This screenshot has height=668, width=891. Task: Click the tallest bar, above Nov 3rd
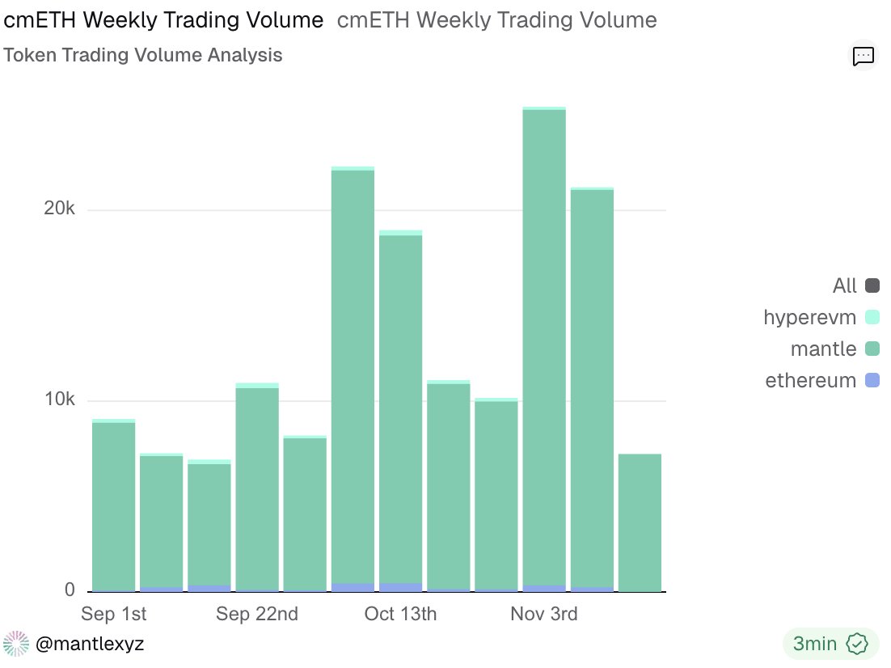pyautogui.click(x=544, y=348)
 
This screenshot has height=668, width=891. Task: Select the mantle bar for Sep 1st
pyautogui.click(x=113, y=505)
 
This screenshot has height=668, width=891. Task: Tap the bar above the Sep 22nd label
pyautogui.click(x=257, y=488)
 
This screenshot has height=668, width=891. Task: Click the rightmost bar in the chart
pyautogui.click(x=640, y=522)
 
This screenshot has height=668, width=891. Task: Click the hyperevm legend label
pyautogui.click(x=809, y=317)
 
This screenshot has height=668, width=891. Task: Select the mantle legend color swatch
pyautogui.click(x=872, y=349)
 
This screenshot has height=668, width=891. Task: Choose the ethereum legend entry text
pyautogui.click(x=810, y=380)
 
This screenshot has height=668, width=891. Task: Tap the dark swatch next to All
pyautogui.click(x=872, y=285)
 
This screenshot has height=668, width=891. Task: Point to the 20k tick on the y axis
pyautogui.click(x=59, y=209)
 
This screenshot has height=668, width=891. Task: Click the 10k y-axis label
pyautogui.click(x=59, y=400)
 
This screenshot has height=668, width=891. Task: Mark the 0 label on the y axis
pyautogui.click(x=70, y=591)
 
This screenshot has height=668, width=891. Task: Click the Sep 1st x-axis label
pyautogui.click(x=114, y=615)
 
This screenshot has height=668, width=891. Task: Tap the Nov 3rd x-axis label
pyautogui.click(x=544, y=615)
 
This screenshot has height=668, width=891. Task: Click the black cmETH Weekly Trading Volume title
pyautogui.click(x=164, y=20)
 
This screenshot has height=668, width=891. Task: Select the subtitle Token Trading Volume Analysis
pyautogui.click(x=143, y=55)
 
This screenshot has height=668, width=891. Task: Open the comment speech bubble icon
pyautogui.click(x=864, y=56)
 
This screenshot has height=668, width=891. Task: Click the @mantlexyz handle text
pyautogui.click(x=90, y=644)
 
